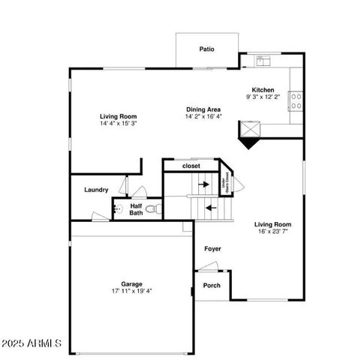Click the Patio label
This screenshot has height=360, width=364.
[x=206, y=49]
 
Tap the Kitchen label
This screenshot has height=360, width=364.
[x=263, y=90]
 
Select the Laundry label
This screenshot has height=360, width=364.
[x=97, y=190]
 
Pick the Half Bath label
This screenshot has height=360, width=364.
[x=136, y=209]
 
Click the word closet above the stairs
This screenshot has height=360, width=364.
[x=191, y=166]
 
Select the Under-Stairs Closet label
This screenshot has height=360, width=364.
[x=224, y=183]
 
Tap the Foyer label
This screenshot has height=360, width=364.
[x=212, y=248]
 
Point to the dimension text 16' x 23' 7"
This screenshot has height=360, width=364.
[x=272, y=232]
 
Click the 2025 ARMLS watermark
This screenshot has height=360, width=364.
[x=32, y=343]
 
